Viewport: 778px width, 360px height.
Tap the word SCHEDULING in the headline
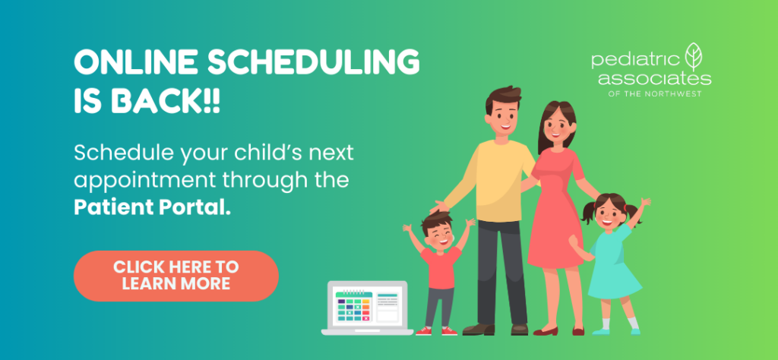[314, 63]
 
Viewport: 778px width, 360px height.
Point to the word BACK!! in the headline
[165, 101]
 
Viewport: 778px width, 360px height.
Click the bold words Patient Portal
[152, 207]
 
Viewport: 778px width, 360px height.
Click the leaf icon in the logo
[693, 56]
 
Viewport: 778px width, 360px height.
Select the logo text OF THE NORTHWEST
[655, 93]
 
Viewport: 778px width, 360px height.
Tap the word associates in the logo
[654, 78]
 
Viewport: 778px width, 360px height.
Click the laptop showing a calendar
[367, 308]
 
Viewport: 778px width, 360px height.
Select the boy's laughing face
[438, 235]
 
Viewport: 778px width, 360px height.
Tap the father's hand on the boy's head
[440, 207]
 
